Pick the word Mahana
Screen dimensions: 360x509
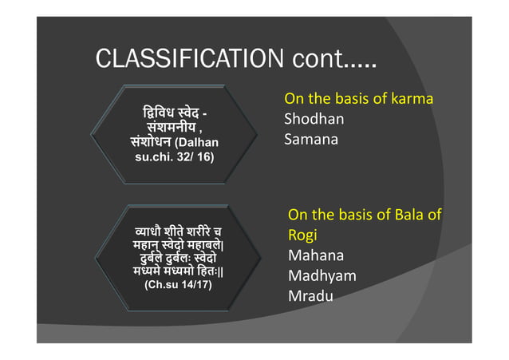pos(316,256)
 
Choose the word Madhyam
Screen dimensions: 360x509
pos(322,276)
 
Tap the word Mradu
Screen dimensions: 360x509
pos(310,296)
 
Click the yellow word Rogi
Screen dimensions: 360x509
pos(302,236)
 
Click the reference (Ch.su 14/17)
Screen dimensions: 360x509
pos(177,283)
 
